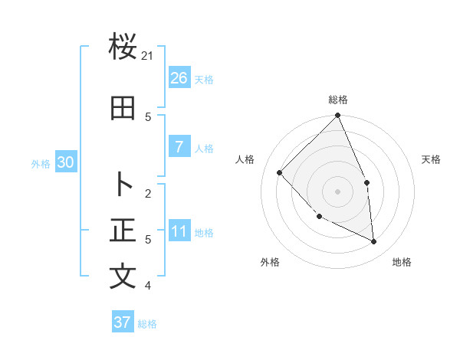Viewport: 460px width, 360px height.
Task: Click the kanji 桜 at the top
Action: coord(123,47)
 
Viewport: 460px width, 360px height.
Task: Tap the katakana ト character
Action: coord(123,185)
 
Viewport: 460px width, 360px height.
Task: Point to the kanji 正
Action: coord(123,230)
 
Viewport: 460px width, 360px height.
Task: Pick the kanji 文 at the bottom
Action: coord(123,277)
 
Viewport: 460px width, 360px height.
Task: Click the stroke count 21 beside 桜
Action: coord(148,55)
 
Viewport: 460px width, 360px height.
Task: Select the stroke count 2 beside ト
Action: coord(148,193)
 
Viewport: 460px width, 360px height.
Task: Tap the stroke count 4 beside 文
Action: coord(148,286)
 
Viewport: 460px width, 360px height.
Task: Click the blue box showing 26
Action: coord(179,77)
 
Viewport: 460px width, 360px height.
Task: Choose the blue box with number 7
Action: coord(179,147)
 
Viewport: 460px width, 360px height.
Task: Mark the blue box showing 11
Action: coord(179,231)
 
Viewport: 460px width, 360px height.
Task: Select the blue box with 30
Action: coord(65,162)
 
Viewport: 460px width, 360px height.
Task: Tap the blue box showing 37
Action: coord(122,322)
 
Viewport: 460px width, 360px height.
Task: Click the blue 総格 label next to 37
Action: coord(147,324)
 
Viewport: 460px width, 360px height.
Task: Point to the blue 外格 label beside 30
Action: coord(41,163)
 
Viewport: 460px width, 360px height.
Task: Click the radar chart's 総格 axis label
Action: coord(338,100)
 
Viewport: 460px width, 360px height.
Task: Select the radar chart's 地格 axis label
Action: coord(402,262)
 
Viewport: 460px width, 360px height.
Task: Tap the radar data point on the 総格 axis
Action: coord(338,116)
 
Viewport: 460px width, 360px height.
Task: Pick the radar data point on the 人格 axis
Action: coord(280,172)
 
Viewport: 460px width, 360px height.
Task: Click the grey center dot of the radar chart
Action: coord(338,191)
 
